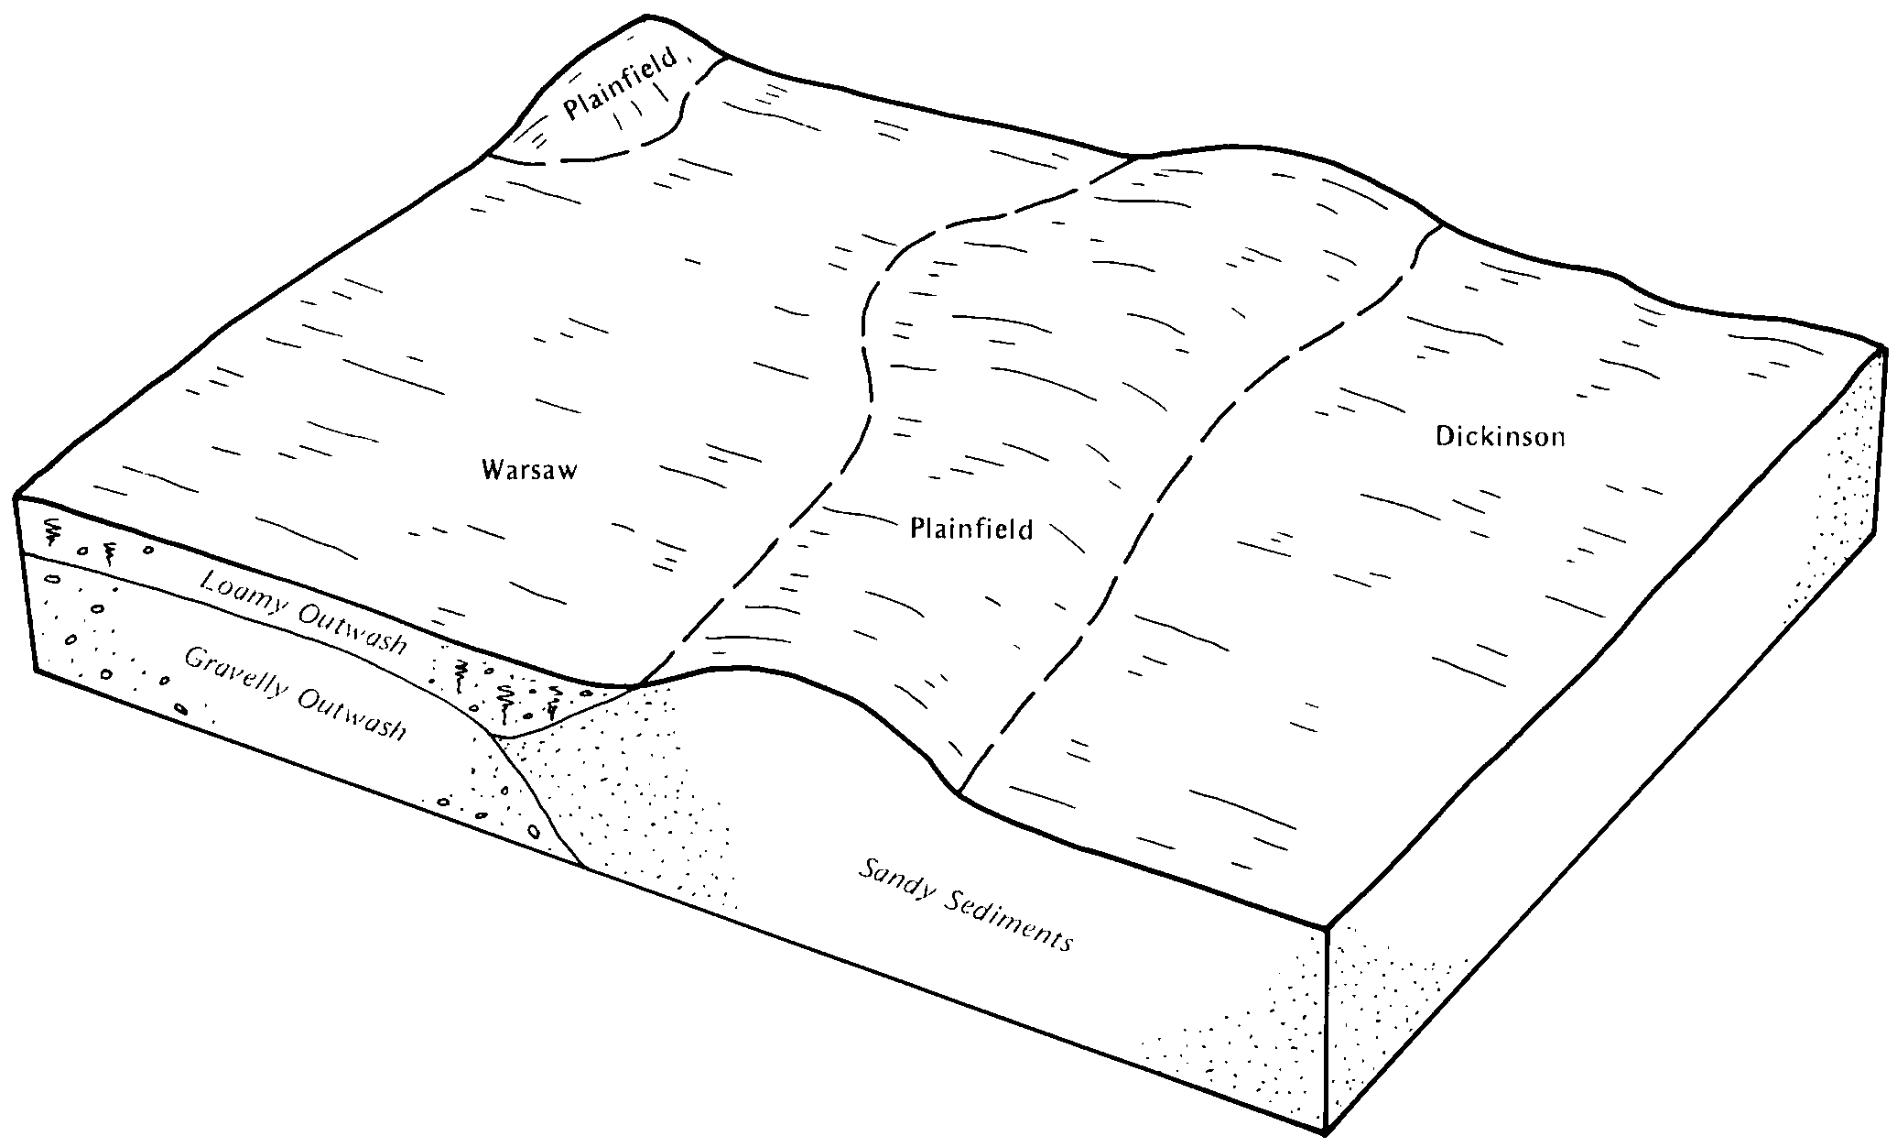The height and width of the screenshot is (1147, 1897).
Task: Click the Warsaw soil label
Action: pos(530,471)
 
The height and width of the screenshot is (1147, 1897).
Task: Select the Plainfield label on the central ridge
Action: pos(971,529)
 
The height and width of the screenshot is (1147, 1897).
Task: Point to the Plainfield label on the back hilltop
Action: pos(623,84)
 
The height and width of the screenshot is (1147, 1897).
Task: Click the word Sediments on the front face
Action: pos(1004,919)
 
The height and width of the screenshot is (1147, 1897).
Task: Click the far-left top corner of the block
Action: pos(16,497)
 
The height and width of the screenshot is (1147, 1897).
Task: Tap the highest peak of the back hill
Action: pos(646,16)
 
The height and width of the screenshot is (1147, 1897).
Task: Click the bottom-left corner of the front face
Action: pos(36,671)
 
